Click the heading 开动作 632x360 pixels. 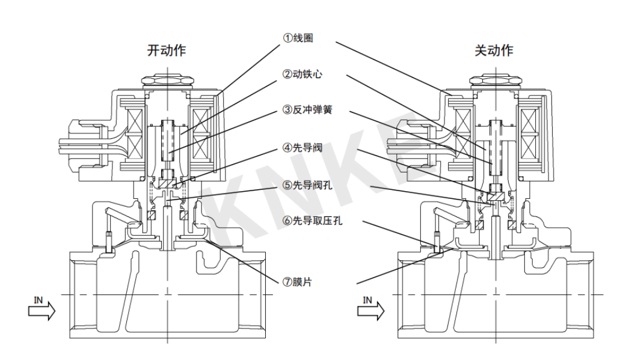click(167, 50)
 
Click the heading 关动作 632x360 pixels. click(494, 50)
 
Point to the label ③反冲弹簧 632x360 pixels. click(307, 110)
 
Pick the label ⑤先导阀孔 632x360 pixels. click(307, 185)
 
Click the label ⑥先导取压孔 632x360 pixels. click(312, 221)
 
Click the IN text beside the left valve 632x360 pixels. click(39, 299)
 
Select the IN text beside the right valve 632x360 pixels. click(367, 299)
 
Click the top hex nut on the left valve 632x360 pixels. click(166, 80)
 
